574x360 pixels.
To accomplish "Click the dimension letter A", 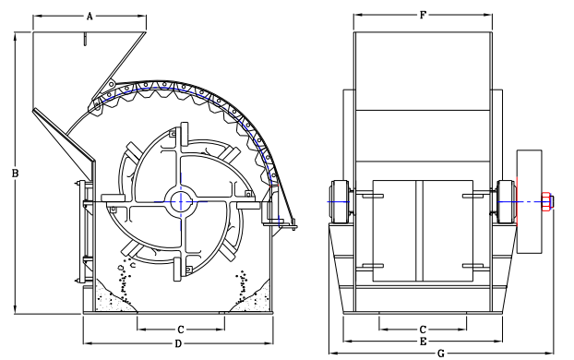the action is click(90, 16).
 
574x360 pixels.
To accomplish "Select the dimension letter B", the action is click(15, 174).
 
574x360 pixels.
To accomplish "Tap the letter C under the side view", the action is click(180, 330).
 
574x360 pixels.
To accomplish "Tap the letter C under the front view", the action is click(423, 330).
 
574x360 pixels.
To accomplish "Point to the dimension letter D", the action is click(178, 344).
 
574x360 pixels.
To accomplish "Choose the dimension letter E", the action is click(423, 342).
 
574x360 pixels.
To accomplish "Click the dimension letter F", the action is click(423, 15).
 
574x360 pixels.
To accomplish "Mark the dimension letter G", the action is click(441, 354).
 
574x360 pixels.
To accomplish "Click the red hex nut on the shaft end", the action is click(546, 201).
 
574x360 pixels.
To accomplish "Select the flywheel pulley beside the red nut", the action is click(529, 201).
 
